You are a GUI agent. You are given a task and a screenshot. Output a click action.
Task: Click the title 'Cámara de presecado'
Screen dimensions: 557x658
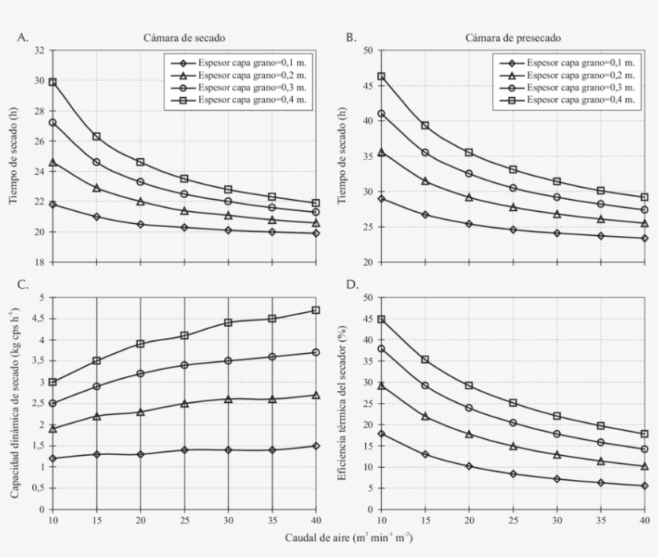coord(513,38)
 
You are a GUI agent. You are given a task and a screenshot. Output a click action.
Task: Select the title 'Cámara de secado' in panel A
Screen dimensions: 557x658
coord(185,38)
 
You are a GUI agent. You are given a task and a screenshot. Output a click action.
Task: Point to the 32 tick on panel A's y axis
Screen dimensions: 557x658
coord(39,51)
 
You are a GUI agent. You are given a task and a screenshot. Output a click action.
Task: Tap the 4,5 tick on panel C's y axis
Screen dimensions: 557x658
coord(38,319)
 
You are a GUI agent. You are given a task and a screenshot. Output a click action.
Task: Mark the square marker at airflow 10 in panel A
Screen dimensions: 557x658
coord(52,82)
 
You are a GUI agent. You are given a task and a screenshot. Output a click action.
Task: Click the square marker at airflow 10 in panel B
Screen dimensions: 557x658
coord(381,76)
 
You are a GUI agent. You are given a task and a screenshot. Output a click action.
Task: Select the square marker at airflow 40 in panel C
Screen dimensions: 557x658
coord(316,310)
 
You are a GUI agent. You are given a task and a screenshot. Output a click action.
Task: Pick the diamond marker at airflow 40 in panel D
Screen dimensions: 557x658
coord(644,486)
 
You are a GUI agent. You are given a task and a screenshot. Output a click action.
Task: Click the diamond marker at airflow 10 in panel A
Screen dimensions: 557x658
coord(52,205)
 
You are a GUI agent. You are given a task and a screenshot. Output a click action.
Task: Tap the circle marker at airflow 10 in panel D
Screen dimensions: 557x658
coord(381,348)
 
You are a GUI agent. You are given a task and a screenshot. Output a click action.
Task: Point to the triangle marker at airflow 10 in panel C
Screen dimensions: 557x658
coord(52,429)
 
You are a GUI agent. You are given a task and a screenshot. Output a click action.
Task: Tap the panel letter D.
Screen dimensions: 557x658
coord(351,285)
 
